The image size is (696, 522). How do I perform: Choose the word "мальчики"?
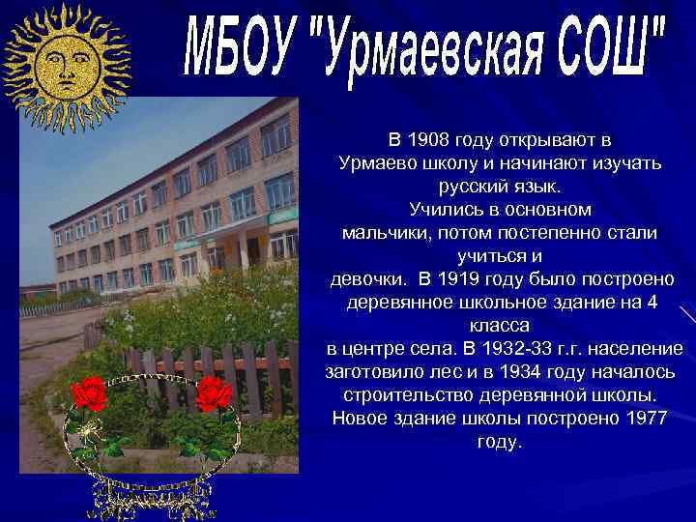388,232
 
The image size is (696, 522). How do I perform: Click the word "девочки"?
368,279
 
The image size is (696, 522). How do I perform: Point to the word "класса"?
500,326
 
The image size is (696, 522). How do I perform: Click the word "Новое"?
361,418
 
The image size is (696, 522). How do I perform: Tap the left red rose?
89,393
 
